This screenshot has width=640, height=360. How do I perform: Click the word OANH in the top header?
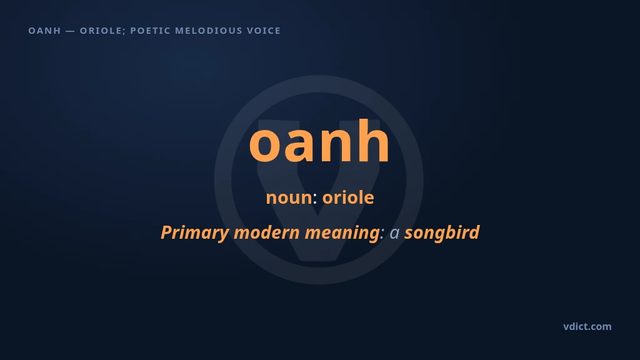click(44, 31)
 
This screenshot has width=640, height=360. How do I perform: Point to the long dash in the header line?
click(70, 31)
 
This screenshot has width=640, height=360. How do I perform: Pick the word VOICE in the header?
click(264, 31)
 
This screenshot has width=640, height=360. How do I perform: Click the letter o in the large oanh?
click(266, 145)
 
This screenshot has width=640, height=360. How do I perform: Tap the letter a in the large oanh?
click(302, 145)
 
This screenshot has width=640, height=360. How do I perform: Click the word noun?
click(289, 197)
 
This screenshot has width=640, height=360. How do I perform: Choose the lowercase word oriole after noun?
click(348, 197)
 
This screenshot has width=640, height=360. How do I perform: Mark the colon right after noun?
click(315, 199)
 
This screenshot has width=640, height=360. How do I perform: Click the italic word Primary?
click(195, 232)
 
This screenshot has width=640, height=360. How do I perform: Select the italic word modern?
click(266, 232)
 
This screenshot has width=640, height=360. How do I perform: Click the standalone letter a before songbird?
click(394, 234)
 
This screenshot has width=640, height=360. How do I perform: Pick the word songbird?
click(442, 232)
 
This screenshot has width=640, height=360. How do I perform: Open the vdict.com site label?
click(587, 326)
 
